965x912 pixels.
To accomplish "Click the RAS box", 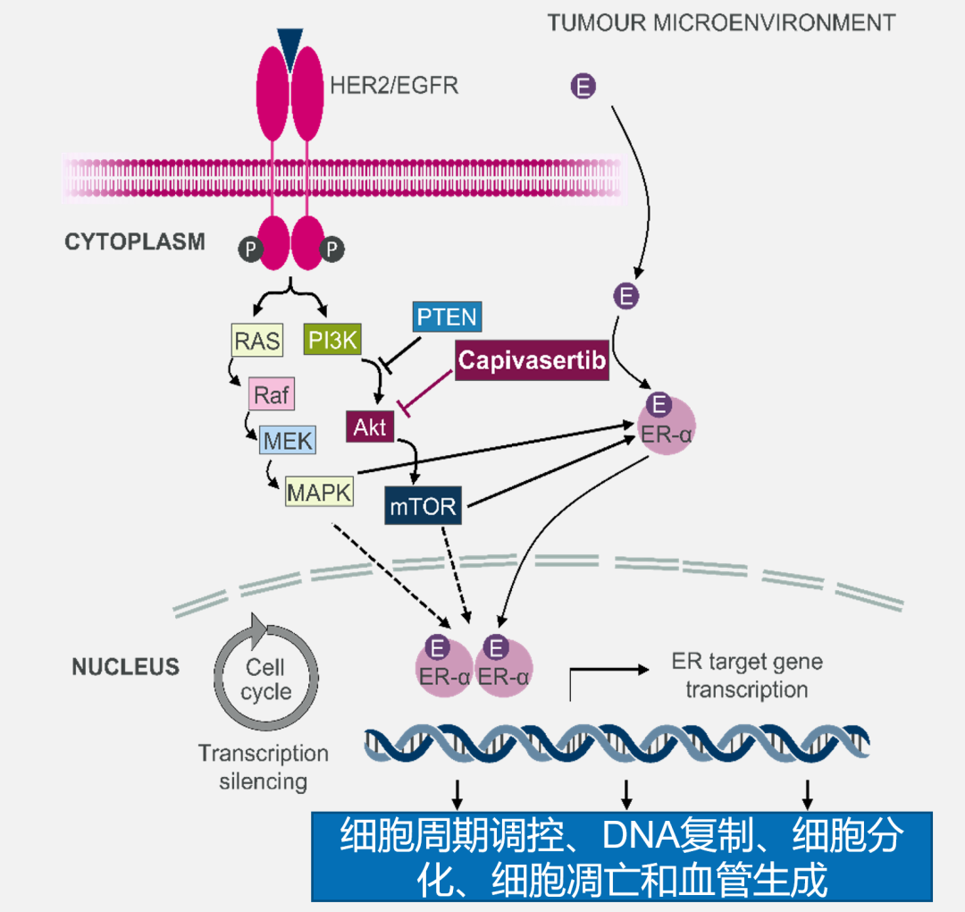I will pos(256,341).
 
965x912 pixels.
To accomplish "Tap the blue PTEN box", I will pos(447,317).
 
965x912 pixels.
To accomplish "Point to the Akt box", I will pos(369,426).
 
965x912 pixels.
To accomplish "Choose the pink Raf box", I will pos(272,394).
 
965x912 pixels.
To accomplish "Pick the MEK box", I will pos(287,441).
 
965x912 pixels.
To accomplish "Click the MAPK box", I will pos(319,491).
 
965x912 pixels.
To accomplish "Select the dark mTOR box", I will pos(423,507).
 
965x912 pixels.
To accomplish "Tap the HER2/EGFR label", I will pos(394,87).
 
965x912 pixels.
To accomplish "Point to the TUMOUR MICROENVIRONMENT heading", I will pos(721,22).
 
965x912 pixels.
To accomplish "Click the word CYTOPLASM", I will pos(135,241).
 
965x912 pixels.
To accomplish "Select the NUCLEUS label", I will pos(126,667).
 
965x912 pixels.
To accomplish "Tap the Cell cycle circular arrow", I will pos(265,680).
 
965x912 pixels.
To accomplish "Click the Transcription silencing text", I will pos(264,766).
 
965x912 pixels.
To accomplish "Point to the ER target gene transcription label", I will pos(746,676).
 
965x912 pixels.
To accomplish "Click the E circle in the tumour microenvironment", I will pos(583,87).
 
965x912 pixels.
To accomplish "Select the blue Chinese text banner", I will pos(621,857).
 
